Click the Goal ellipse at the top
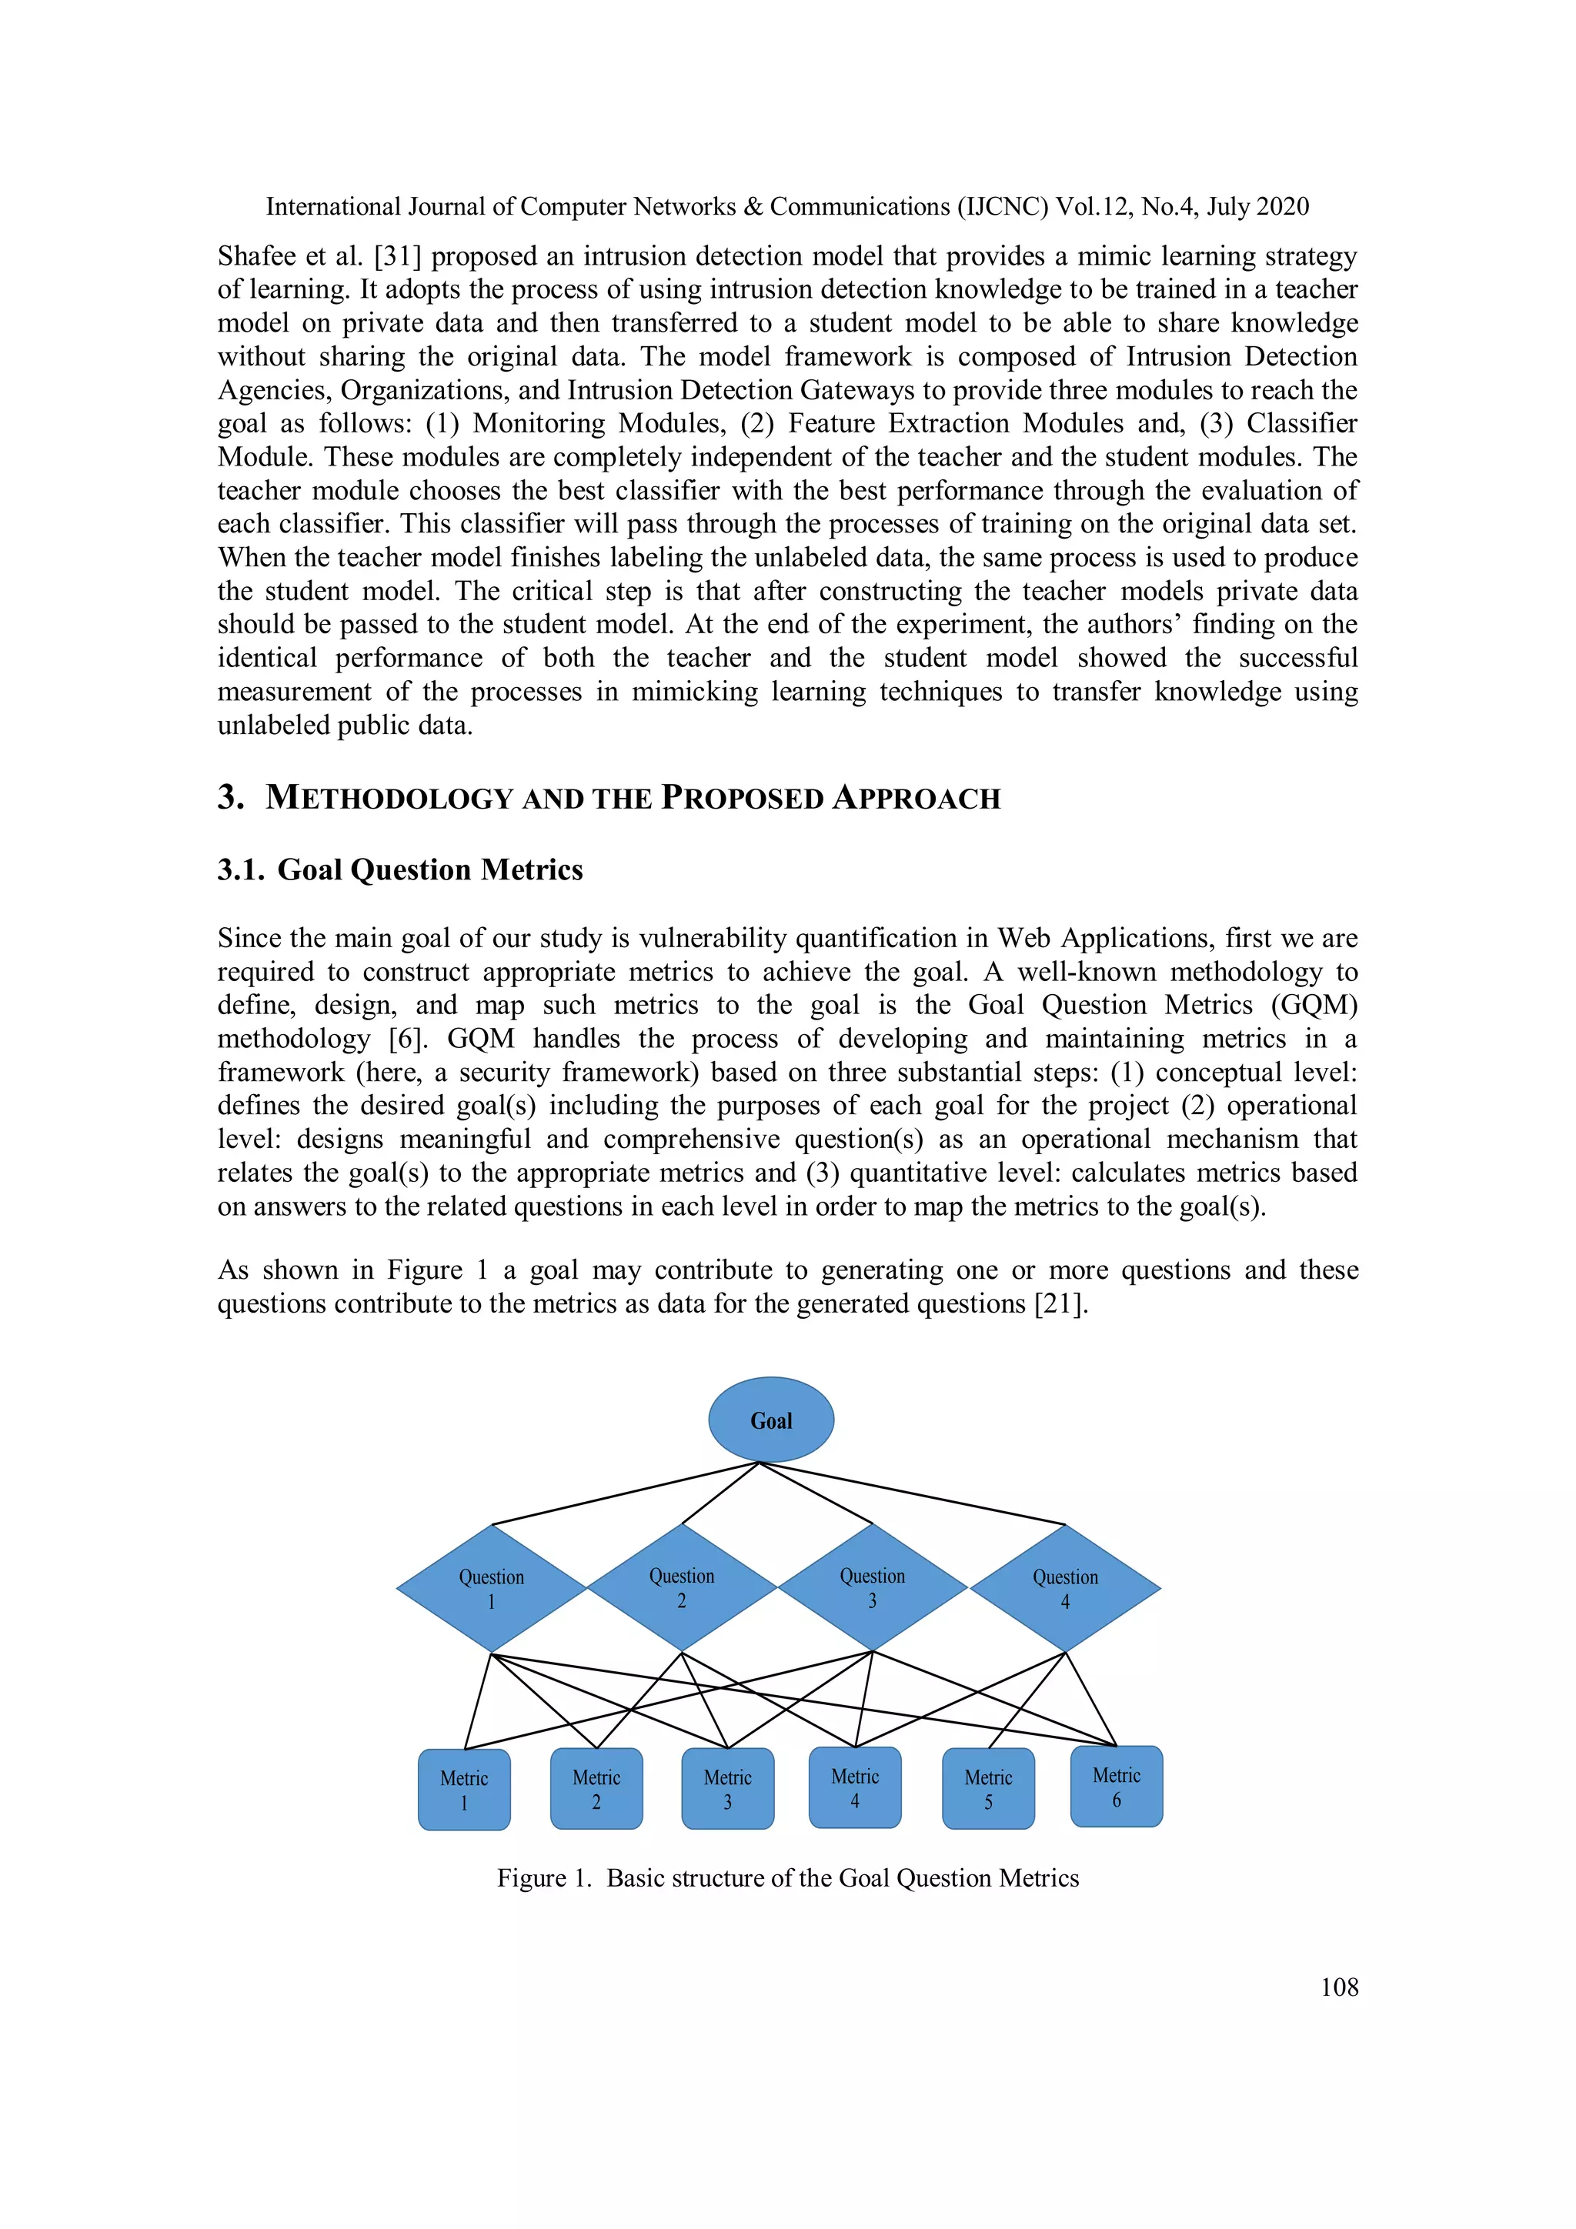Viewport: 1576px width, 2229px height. click(771, 1420)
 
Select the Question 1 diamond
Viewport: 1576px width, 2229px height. click(492, 1588)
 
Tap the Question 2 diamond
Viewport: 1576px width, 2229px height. click(682, 1587)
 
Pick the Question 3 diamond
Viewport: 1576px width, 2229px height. click(872, 1587)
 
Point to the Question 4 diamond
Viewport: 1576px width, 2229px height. click(1065, 1588)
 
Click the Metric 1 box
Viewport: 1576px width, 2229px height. click(464, 1789)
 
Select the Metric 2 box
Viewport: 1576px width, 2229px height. click(596, 1788)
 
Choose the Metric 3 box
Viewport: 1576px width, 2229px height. click(727, 1788)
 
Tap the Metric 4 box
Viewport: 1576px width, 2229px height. click(854, 1787)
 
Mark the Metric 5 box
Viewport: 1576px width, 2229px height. click(989, 1788)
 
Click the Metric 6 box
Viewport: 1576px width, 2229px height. click(1117, 1787)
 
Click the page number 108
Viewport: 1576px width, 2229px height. click(1339, 1987)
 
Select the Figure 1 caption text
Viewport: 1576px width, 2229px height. click(787, 1877)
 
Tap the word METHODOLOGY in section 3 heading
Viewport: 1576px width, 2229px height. click(389, 798)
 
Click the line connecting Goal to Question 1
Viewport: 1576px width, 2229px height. click(626, 1493)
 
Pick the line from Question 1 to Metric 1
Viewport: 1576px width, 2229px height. click(479, 1701)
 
